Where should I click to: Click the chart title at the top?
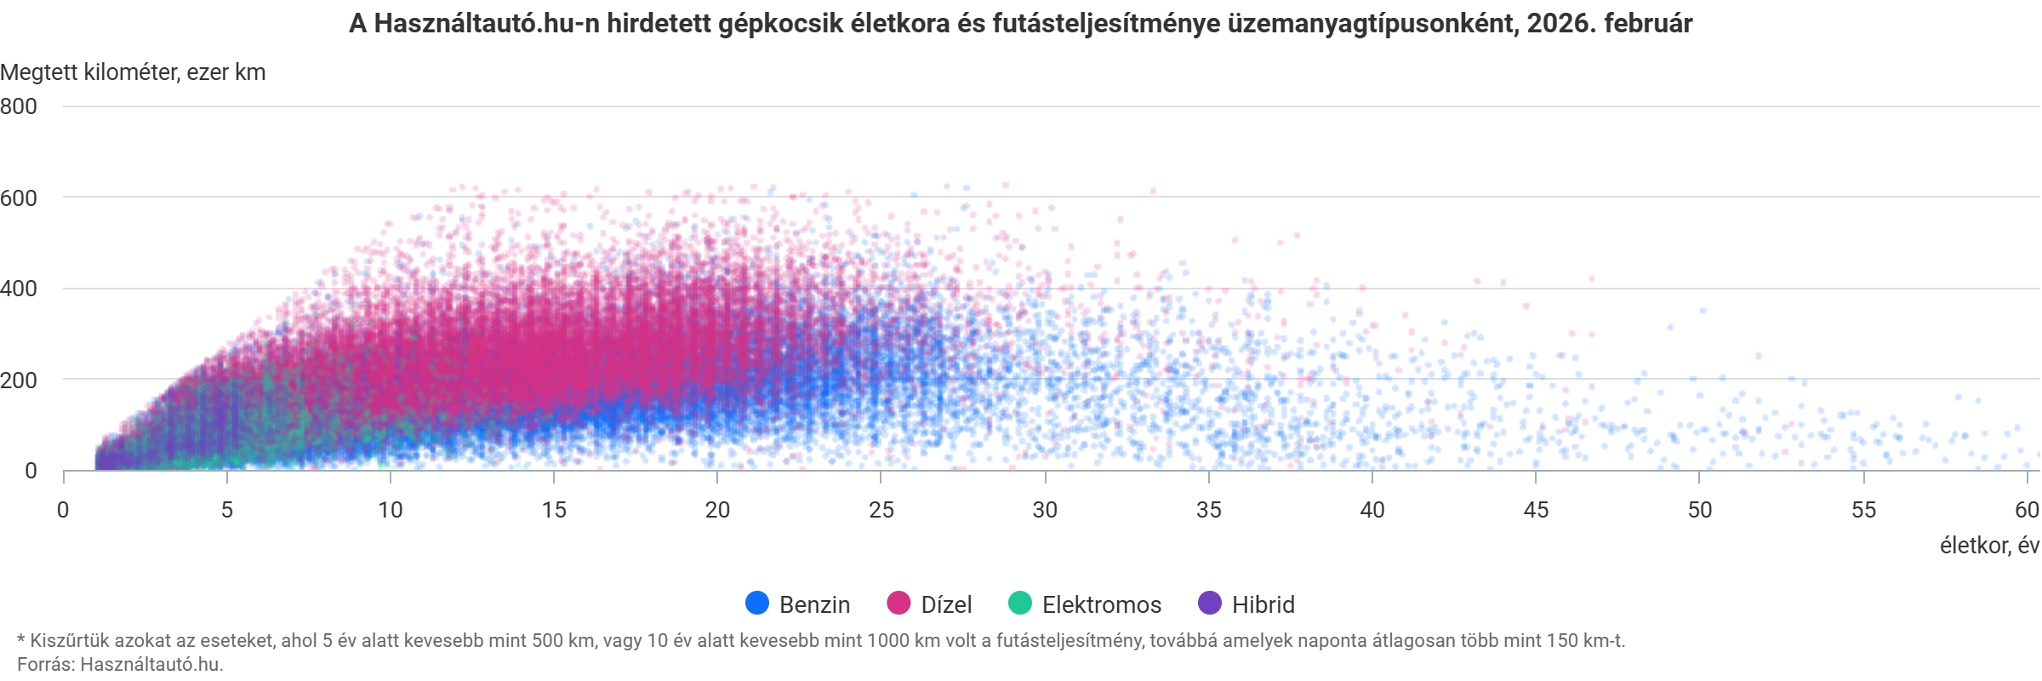pyautogui.click(x=1021, y=22)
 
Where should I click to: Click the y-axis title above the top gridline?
pyautogui.click(x=132, y=72)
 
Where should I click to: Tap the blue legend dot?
pyautogui.click(x=756, y=604)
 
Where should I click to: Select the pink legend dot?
pyautogui.click(x=898, y=604)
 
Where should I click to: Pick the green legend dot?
pyautogui.click(x=1020, y=604)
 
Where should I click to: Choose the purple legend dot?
pyautogui.click(x=1209, y=604)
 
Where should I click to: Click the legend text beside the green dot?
pyautogui.click(x=1102, y=604)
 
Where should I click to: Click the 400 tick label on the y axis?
pyautogui.click(x=20, y=289)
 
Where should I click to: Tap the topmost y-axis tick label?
pyautogui.click(x=20, y=106)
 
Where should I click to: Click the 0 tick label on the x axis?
pyautogui.click(x=61, y=509)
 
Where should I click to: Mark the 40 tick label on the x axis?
pyautogui.click(x=1372, y=509)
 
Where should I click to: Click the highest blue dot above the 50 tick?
pyautogui.click(x=1702, y=311)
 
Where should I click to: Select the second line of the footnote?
pyautogui.click(x=119, y=664)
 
